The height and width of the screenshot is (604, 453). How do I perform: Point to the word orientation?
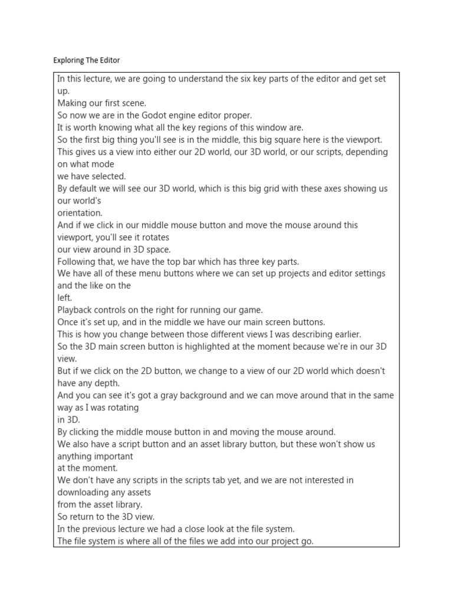pyautogui.click(x=80, y=213)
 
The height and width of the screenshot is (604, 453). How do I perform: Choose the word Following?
pyautogui.click(x=77, y=262)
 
